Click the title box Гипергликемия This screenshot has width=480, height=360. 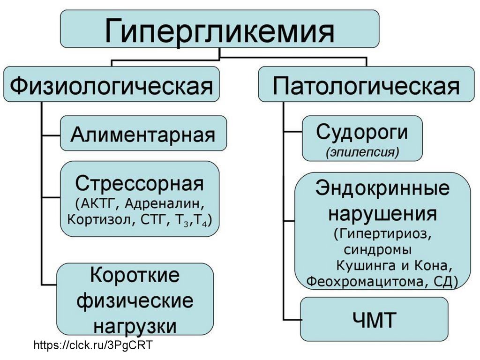(219, 29)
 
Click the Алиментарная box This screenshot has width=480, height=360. (143, 134)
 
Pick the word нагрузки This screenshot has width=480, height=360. (135, 325)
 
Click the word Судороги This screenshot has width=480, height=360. (362, 132)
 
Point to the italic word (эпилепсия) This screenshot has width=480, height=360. (362, 152)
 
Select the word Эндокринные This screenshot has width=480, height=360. (382, 188)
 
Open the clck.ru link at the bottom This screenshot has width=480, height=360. (94, 346)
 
